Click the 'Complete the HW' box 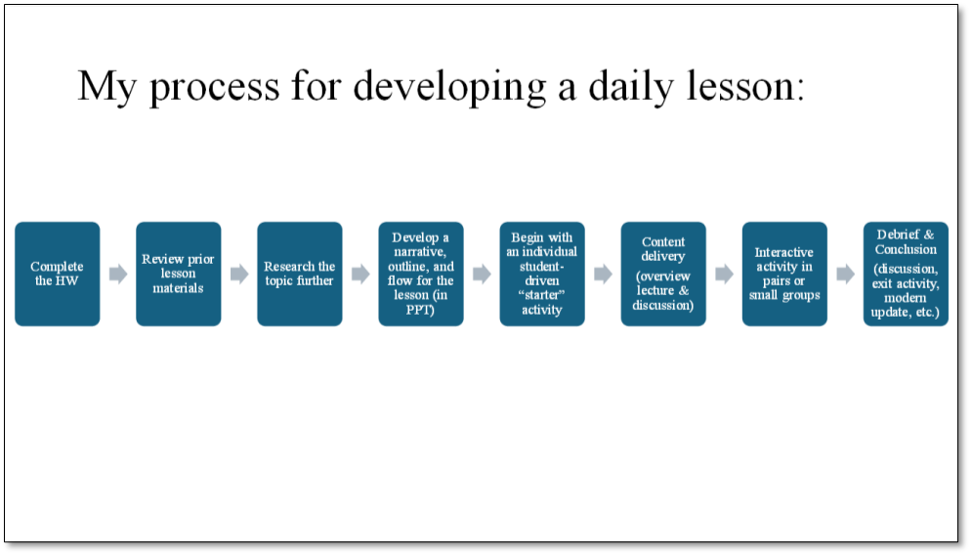[x=57, y=274]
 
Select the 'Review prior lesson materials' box [x=179, y=274]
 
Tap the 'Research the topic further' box [x=300, y=274]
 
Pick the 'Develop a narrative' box [x=421, y=274]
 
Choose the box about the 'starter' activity [x=542, y=274]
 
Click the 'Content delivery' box [x=663, y=274]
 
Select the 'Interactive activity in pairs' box [x=784, y=274]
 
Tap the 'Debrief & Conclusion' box [x=906, y=274]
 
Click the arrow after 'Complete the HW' [x=118, y=274]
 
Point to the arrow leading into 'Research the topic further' [x=239, y=274]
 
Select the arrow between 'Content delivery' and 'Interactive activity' [x=725, y=274]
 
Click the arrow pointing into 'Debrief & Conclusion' [x=846, y=274]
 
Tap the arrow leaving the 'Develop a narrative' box [x=482, y=274]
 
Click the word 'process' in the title [x=215, y=88]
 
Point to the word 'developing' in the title [x=449, y=87]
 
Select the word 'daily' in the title [x=630, y=87]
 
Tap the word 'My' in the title [x=106, y=88]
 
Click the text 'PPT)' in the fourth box [x=420, y=310]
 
